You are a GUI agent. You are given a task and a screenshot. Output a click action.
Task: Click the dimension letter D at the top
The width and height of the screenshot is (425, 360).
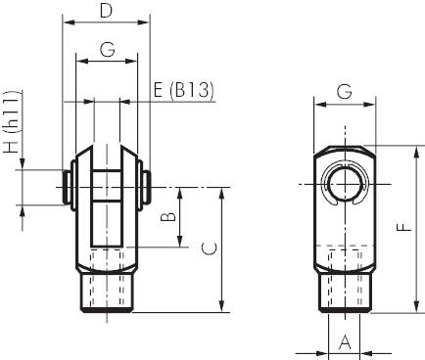pos(106,11)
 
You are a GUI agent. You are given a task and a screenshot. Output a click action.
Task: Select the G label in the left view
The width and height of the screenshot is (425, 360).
pos(107,50)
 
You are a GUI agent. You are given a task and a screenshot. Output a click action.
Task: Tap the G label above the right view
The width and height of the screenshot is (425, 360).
pos(345,91)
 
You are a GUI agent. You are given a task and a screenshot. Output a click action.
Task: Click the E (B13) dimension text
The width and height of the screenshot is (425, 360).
pos(183,90)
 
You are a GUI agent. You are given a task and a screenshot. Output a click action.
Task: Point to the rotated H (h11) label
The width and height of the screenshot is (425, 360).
pos(13,122)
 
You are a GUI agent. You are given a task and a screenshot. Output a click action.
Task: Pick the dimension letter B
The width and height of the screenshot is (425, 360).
pos(168,217)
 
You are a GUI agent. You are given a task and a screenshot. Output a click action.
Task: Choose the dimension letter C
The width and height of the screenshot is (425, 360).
pos(210,248)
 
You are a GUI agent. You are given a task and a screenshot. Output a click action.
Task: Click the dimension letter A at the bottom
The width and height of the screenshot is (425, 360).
pos(345,342)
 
